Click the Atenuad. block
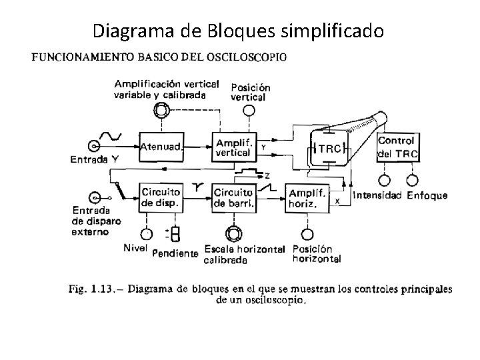161,147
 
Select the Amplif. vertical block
233,147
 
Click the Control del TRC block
397,147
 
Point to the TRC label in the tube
329,148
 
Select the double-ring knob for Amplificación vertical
161,110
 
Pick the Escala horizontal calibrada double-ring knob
233,234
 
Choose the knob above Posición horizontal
307,234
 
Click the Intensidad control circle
384,180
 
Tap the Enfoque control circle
413,180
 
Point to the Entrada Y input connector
95,147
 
